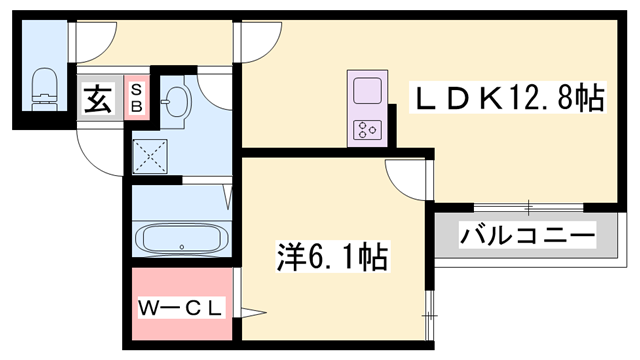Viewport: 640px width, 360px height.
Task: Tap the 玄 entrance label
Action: (97, 100)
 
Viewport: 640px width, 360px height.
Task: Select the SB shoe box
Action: (137, 97)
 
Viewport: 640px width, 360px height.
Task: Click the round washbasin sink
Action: (177, 100)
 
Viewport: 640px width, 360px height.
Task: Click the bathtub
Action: (181, 239)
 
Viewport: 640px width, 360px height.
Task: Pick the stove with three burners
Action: (367, 128)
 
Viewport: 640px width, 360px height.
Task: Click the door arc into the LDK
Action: (257, 40)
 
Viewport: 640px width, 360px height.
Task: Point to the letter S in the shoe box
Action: (137, 90)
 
